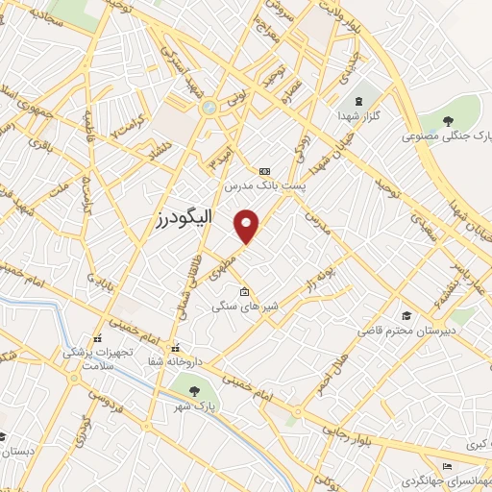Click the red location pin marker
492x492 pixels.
tap(248, 226)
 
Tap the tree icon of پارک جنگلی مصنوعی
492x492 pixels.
tap(447, 120)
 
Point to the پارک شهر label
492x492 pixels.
tap(195, 407)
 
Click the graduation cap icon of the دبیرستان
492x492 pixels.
tap(406, 315)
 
